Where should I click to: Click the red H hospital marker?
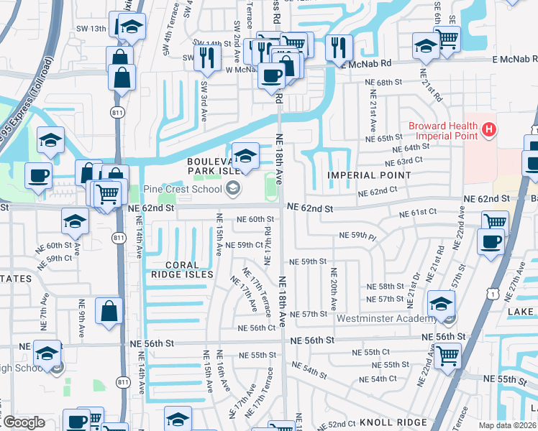coord(489,130)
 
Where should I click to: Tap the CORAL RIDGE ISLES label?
coord(182,269)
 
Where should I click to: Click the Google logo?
coord(24,422)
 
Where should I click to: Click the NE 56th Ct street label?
coord(257,328)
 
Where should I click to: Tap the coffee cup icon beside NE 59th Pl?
coord(491,242)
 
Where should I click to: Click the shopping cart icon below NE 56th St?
coord(447,354)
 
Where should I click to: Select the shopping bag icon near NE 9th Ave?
coord(109,312)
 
